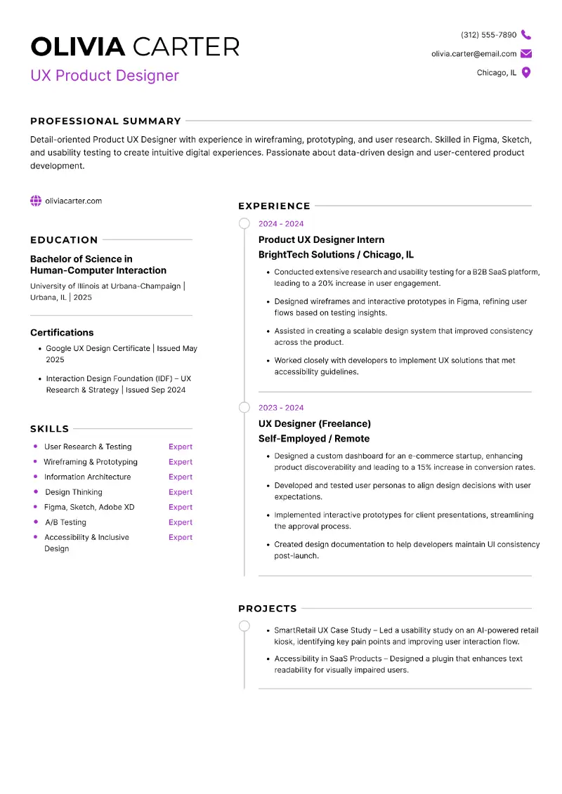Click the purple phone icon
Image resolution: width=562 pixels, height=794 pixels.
526,34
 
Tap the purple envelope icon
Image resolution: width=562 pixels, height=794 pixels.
526,53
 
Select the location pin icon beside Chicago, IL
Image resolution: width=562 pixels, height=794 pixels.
526,72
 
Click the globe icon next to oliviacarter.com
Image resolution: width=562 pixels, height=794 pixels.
36,201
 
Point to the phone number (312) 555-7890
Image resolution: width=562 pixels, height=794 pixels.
488,34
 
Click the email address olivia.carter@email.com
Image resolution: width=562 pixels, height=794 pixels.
473,53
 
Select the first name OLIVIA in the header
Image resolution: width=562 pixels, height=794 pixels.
78,47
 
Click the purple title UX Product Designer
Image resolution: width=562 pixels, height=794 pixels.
105,76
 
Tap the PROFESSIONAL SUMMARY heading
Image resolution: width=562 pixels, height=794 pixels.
105,121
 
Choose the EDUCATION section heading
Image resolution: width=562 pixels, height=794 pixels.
64,239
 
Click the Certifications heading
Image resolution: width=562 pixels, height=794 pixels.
62,333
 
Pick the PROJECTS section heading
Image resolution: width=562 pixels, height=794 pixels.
267,609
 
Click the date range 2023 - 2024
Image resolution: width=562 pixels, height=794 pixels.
281,408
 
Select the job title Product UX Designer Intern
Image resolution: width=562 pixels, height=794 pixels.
321,239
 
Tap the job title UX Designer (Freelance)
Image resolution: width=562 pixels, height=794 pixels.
314,423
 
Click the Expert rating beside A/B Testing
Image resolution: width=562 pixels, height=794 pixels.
181,522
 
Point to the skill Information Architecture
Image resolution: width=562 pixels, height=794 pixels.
87,477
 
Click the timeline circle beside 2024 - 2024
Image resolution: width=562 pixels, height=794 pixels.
244,224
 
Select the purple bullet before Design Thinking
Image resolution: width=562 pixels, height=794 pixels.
36,491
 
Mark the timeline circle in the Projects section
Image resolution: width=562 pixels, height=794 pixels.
244,626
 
